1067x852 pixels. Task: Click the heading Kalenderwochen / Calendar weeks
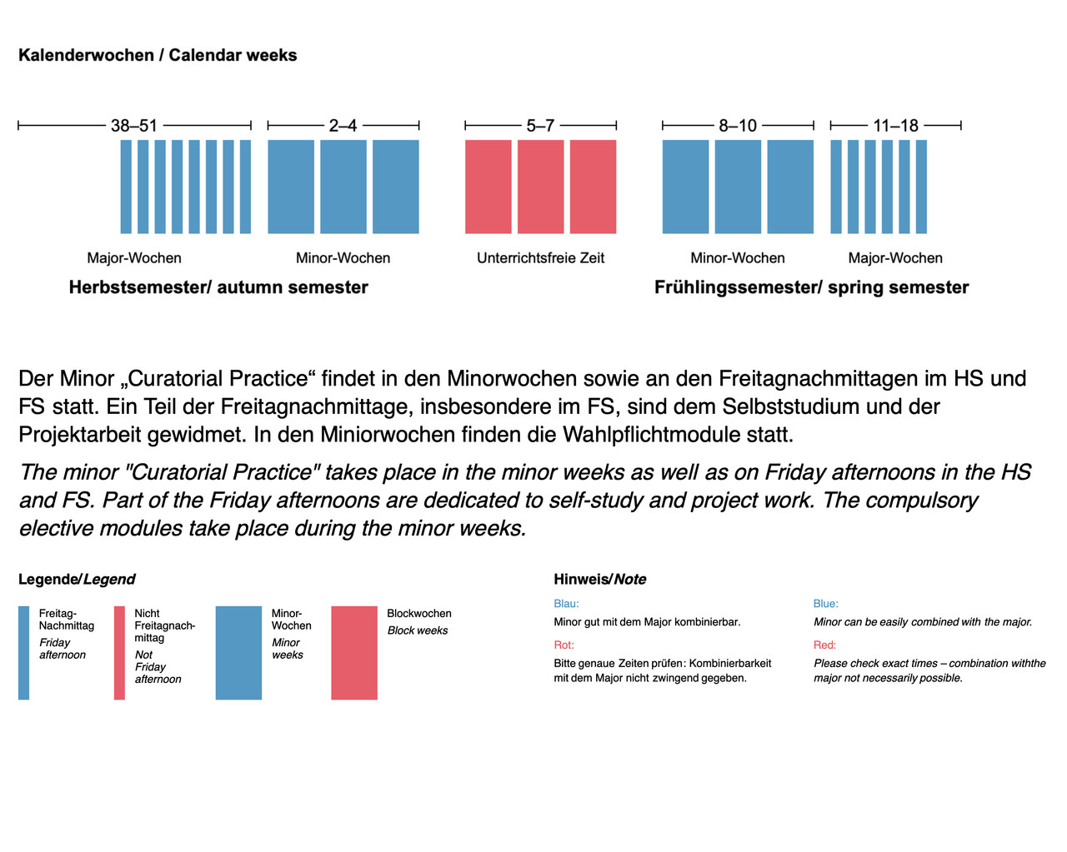(x=158, y=55)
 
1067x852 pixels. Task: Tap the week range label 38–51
(x=133, y=126)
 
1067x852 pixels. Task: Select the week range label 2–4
(x=343, y=126)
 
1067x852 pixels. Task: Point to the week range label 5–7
(x=540, y=126)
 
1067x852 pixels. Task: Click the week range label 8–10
(x=738, y=126)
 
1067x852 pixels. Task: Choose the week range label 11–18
(x=895, y=126)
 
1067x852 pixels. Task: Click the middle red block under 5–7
(x=540, y=187)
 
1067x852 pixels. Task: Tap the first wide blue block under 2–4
(x=291, y=187)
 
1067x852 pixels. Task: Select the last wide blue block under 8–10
(x=790, y=187)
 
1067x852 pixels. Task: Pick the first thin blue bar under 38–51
(x=126, y=187)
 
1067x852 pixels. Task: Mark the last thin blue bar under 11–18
(x=921, y=187)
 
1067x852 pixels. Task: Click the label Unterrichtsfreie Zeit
(x=540, y=258)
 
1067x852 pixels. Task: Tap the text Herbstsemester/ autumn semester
(x=218, y=287)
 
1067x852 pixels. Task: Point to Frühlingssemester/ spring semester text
(x=811, y=287)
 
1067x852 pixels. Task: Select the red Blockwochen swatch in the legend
(x=354, y=652)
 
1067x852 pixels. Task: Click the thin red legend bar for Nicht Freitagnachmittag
(x=119, y=652)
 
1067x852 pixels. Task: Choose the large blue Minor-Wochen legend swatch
(x=238, y=652)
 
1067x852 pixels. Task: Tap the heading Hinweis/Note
(x=599, y=579)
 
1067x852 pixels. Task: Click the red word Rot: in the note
(x=564, y=645)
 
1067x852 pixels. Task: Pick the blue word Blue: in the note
(x=825, y=603)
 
